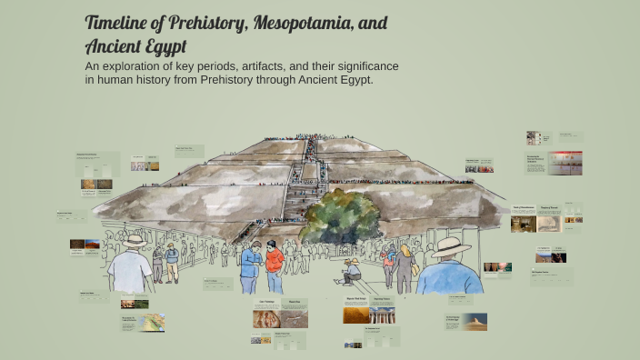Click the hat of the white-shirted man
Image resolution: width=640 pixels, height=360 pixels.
(x=135, y=241)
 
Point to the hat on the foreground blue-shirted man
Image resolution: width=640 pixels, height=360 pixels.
(x=451, y=247)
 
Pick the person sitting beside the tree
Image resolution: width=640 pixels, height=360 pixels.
(x=351, y=270)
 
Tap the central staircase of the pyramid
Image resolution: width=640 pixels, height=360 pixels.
(x=299, y=182)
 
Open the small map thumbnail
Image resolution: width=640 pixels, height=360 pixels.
(x=154, y=322)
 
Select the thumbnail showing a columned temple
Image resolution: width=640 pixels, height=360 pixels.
(x=383, y=315)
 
